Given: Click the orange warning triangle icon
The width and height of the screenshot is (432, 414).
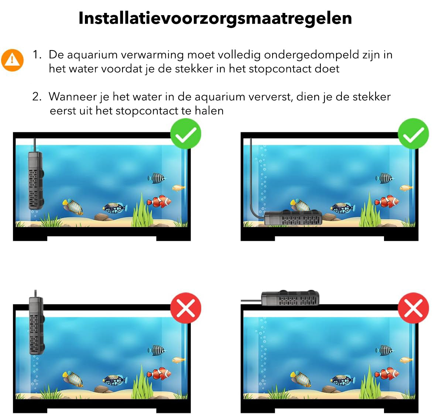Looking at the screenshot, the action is (12, 60).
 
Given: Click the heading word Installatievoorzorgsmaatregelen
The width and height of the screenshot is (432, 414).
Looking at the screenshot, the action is (215, 18).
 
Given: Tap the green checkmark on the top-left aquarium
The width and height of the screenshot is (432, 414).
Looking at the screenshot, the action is (186, 134).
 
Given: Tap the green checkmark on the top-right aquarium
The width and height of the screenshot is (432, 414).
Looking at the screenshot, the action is (413, 134).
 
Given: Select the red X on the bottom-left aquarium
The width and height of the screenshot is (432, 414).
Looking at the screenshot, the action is (186, 308).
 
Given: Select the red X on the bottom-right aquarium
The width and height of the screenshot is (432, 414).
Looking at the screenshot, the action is (413, 308).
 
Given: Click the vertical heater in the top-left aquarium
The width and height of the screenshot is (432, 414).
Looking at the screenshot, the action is (36, 180).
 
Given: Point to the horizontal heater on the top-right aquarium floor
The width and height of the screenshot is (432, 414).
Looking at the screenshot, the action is (293, 218).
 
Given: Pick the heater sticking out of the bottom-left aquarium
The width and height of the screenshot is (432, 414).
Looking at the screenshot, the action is (37, 326).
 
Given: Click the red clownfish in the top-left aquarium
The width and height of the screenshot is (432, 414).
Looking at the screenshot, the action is (159, 201).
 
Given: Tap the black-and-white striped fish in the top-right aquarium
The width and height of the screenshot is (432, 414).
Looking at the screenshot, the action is (385, 178).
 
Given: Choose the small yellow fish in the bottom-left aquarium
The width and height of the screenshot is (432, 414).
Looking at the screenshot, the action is (179, 360).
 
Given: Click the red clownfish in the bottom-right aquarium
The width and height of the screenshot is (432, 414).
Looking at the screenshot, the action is (387, 373).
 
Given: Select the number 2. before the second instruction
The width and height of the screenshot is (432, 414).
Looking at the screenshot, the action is (37, 97).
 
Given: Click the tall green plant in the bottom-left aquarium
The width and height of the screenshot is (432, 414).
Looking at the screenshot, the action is (143, 382).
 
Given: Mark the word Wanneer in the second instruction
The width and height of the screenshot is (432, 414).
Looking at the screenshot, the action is (73, 97).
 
